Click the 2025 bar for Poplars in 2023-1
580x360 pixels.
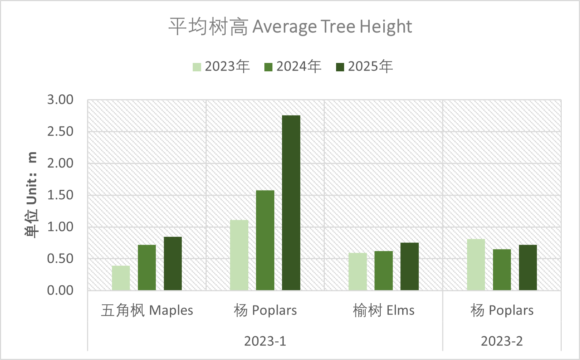pos(291,203)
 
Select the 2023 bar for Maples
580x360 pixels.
pos(121,278)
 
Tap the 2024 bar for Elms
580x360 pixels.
pos(384,271)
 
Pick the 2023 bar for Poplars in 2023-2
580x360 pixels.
pos(476,265)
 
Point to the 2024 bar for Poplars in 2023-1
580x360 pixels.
pos(265,240)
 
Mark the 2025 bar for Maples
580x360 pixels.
pos(173,263)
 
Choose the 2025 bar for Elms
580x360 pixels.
pos(410,266)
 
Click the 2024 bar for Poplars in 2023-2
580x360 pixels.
pos(502,270)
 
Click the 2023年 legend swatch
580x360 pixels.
pos(197,67)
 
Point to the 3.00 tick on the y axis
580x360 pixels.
pos(60,100)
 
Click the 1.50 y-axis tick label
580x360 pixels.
pos(60,195)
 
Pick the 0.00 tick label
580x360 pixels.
pos(60,290)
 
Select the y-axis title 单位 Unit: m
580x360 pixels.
pos(32,195)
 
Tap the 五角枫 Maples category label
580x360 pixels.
pos(147,311)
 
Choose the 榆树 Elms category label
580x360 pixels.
pos(384,311)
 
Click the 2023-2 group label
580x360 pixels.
pos(502,341)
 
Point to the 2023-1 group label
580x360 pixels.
pos(265,341)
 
